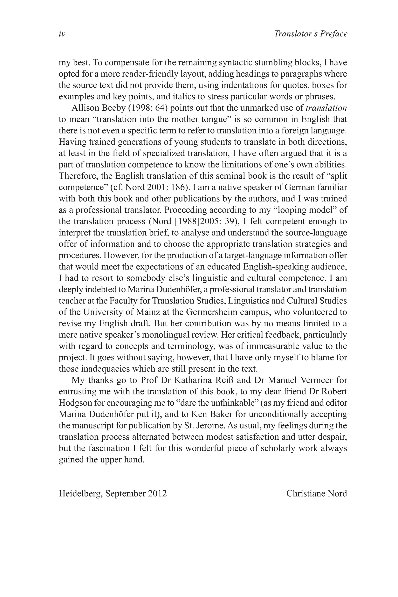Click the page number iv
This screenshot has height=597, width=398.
(62, 34)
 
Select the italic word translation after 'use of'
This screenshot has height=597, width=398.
(326, 108)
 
